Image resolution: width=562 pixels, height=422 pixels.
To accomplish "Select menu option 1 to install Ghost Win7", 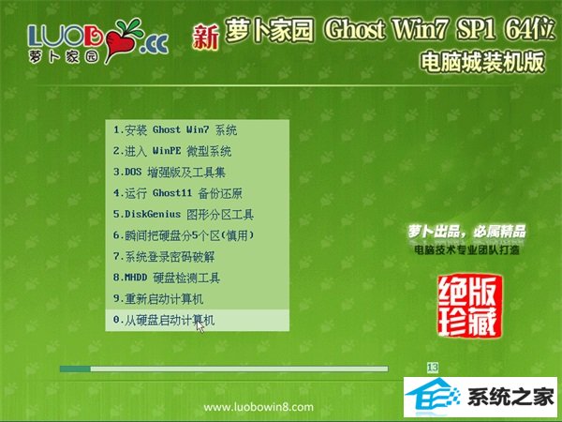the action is tap(175, 130).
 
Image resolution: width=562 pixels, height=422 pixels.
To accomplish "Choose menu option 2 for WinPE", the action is tap(172, 151).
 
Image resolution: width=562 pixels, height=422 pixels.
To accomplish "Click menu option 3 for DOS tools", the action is tap(170, 173).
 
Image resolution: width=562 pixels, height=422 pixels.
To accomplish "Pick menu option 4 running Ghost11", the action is tap(177, 193).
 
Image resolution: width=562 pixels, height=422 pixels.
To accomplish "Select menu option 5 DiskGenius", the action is tap(184, 215).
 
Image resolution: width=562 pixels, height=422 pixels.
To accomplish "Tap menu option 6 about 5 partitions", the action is tap(184, 235).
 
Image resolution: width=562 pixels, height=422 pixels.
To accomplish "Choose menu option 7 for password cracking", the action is tap(164, 257).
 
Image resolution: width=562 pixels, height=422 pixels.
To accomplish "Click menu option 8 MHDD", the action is tap(167, 278).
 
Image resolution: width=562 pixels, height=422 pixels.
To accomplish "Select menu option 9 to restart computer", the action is tap(158, 299).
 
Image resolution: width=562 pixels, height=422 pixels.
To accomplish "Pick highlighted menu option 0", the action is tap(197, 320).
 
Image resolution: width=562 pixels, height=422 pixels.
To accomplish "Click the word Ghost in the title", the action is tap(355, 29).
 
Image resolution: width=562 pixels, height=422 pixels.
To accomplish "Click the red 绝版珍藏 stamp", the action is tap(469, 306).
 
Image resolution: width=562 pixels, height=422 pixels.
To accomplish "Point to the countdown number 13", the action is tap(433, 368).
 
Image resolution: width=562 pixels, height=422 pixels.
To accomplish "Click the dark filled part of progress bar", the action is tap(75, 369).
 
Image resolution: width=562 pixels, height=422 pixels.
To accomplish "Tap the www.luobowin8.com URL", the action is tap(259, 407).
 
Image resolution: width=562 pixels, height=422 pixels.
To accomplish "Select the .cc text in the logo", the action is tap(155, 45).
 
